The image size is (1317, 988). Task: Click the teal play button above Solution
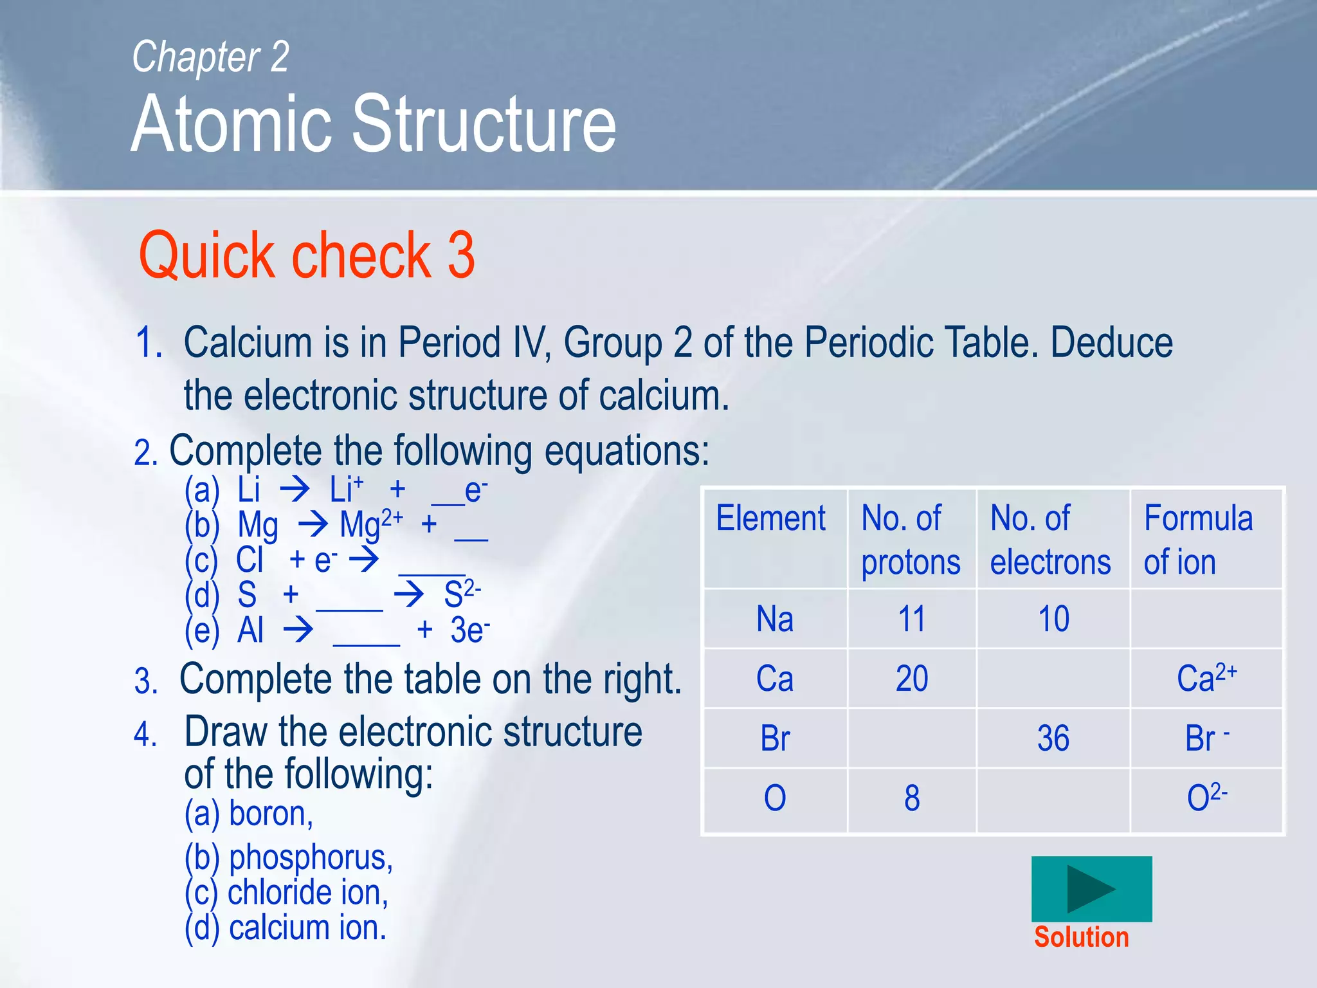pyautogui.click(x=1091, y=888)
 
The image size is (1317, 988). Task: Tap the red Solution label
pyautogui.click(x=1081, y=937)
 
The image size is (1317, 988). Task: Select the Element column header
pyautogui.click(x=770, y=518)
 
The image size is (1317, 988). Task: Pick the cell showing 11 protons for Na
pyautogui.click(x=911, y=619)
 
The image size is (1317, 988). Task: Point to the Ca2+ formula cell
pyautogui.click(x=1206, y=678)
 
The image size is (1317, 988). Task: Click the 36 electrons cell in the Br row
pyautogui.click(x=1053, y=738)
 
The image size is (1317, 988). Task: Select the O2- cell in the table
pyautogui.click(x=1206, y=798)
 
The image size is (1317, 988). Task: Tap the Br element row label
pyautogui.click(x=774, y=738)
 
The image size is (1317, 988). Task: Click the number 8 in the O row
pyautogui.click(x=911, y=798)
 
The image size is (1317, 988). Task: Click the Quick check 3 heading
pyautogui.click(x=307, y=255)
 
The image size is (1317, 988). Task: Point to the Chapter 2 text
pyautogui.click(x=210, y=57)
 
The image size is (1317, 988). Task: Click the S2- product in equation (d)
pyautogui.click(x=462, y=593)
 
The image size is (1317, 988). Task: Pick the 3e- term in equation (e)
pyautogui.click(x=469, y=629)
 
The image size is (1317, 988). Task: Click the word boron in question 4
pyautogui.click(x=271, y=813)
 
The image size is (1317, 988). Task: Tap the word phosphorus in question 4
pyautogui.click(x=310, y=857)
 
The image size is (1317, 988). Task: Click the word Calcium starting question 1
pyautogui.click(x=248, y=342)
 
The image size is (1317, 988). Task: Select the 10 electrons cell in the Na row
pyautogui.click(x=1053, y=619)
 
